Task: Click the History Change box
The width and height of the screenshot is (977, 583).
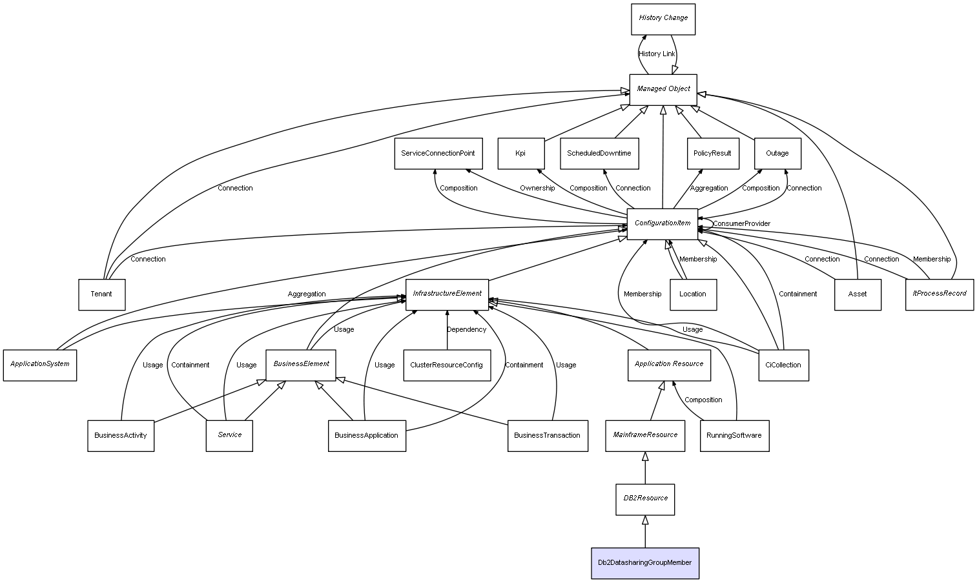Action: point(663,19)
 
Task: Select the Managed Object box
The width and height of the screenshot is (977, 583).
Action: point(663,89)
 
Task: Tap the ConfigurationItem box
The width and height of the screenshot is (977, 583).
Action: point(663,223)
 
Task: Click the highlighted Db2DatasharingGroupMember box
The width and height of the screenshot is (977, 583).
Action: point(644,563)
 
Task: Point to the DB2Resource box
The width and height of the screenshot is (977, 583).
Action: point(644,499)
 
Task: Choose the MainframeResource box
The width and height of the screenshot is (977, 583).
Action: point(644,435)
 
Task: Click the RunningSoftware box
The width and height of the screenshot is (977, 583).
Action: point(734,435)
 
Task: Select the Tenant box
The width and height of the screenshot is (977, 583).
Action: point(101,294)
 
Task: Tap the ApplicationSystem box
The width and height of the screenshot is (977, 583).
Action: point(40,365)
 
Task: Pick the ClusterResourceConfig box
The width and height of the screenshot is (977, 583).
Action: point(446,365)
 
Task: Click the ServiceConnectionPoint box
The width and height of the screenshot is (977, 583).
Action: point(438,154)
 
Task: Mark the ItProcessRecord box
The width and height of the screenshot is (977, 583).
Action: point(939,294)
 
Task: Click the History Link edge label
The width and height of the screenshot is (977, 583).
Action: point(657,54)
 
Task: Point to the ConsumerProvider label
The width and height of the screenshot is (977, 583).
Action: point(741,224)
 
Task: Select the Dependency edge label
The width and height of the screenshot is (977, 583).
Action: point(466,330)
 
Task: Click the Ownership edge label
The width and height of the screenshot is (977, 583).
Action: point(537,189)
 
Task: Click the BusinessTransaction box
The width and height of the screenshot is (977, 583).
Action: point(548,435)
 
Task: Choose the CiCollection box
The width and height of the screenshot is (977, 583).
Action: point(783,365)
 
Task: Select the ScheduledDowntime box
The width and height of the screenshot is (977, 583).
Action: point(599,154)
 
